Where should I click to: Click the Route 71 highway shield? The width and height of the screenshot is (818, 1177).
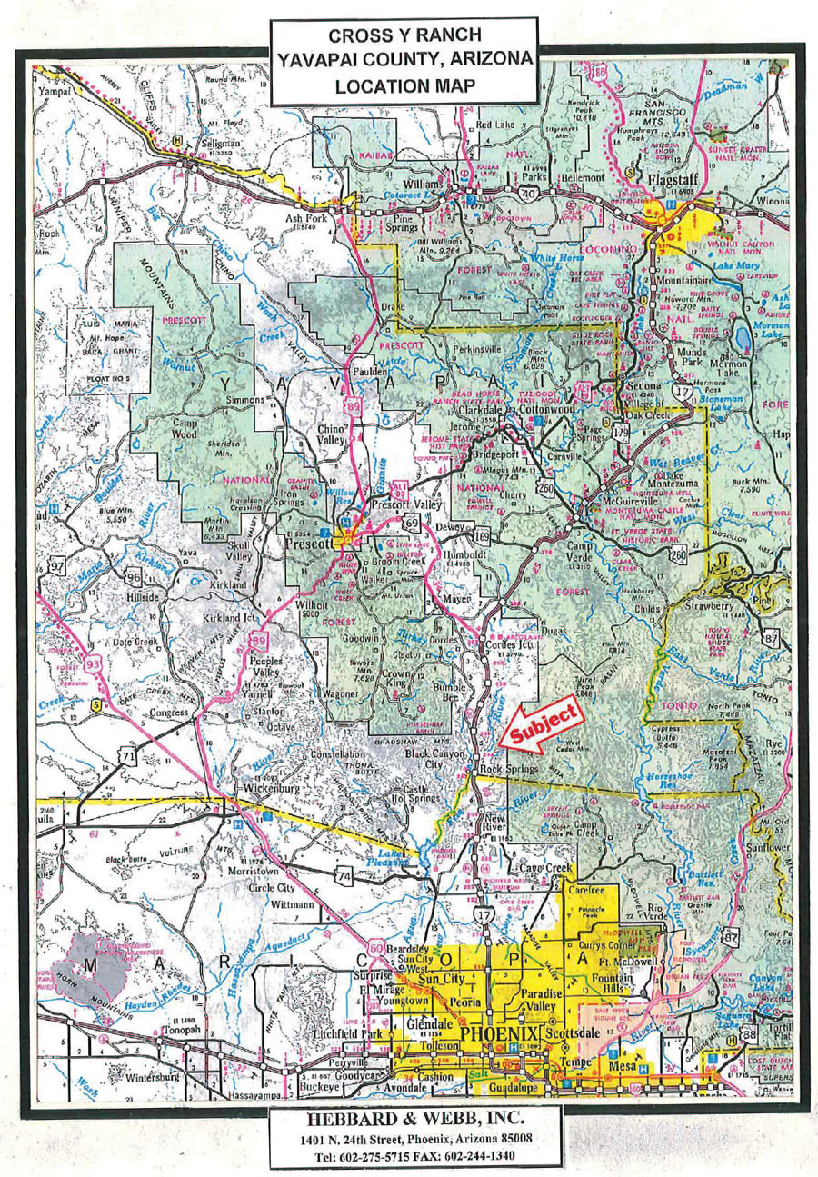pos(130,753)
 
